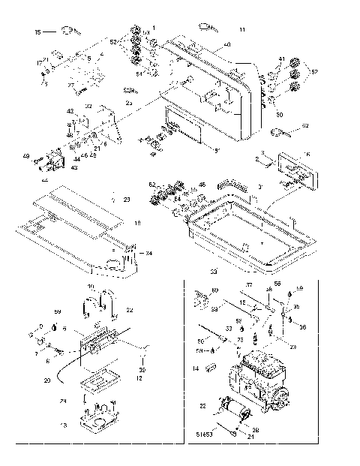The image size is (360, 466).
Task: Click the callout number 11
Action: [241, 29]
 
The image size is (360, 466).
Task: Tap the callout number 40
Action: [227, 47]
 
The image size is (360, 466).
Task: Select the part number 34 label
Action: [148, 254]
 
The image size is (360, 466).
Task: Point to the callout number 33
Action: [214, 271]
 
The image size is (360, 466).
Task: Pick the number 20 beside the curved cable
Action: [46, 380]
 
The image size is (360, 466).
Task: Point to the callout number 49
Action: [25, 156]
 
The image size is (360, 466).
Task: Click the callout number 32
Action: [88, 106]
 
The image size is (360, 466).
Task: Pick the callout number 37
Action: [250, 285]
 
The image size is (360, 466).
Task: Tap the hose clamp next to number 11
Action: [207, 27]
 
